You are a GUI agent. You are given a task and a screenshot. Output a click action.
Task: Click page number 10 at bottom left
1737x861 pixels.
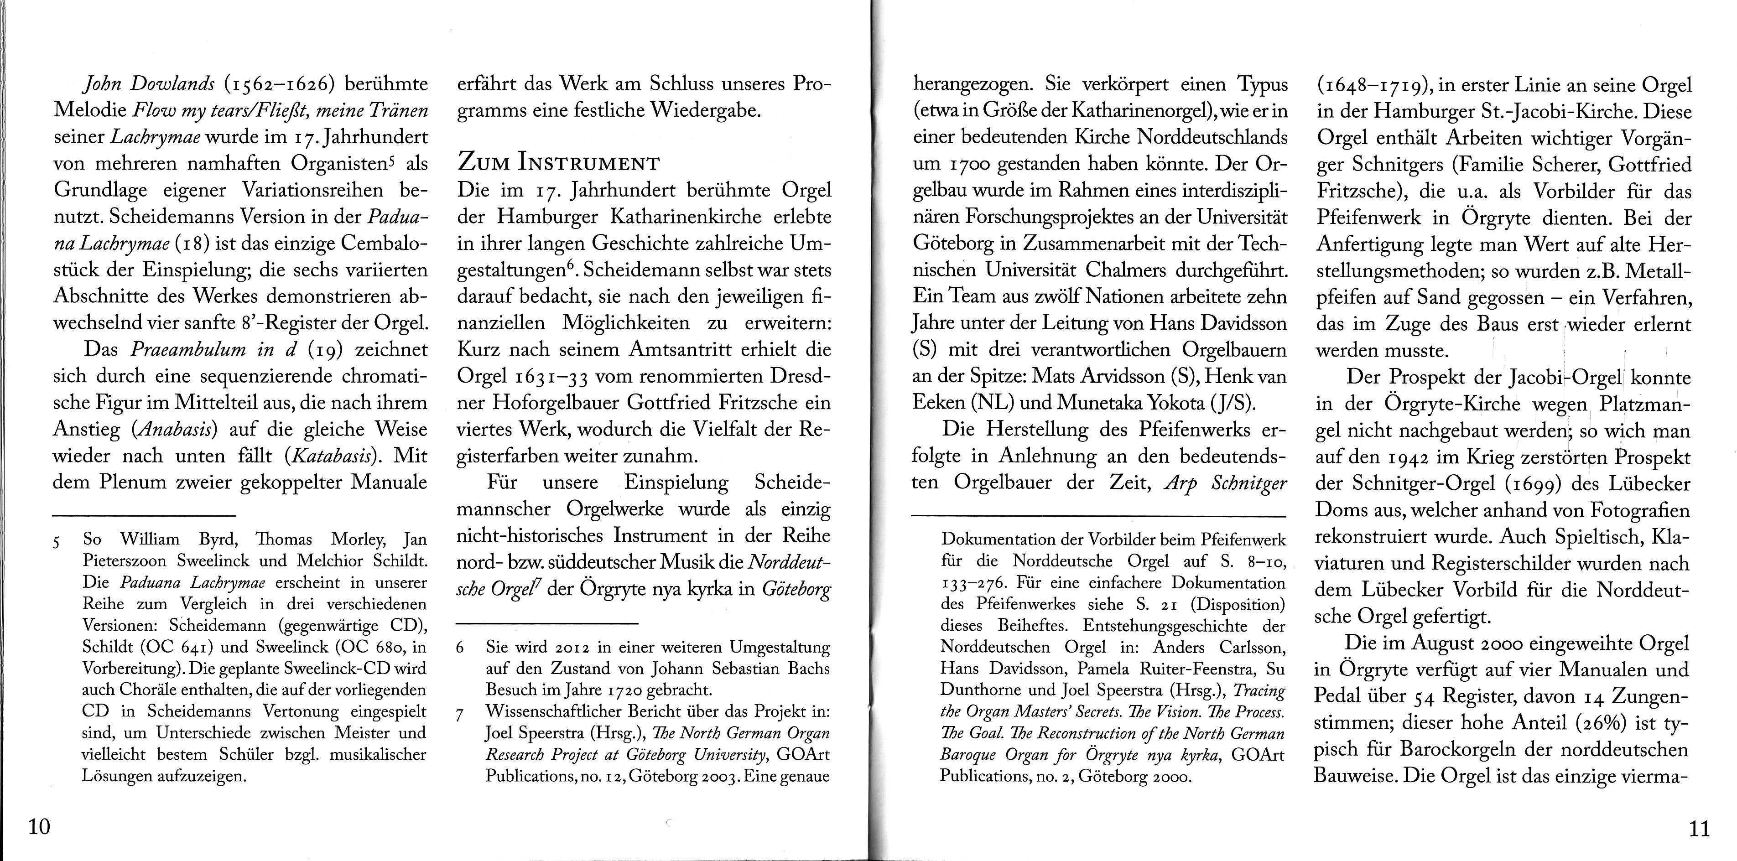pyautogui.click(x=39, y=827)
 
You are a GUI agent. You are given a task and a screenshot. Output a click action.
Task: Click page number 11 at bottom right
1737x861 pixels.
pyautogui.click(x=1699, y=827)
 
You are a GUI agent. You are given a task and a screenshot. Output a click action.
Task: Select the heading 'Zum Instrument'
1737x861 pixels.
pyautogui.click(x=558, y=163)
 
